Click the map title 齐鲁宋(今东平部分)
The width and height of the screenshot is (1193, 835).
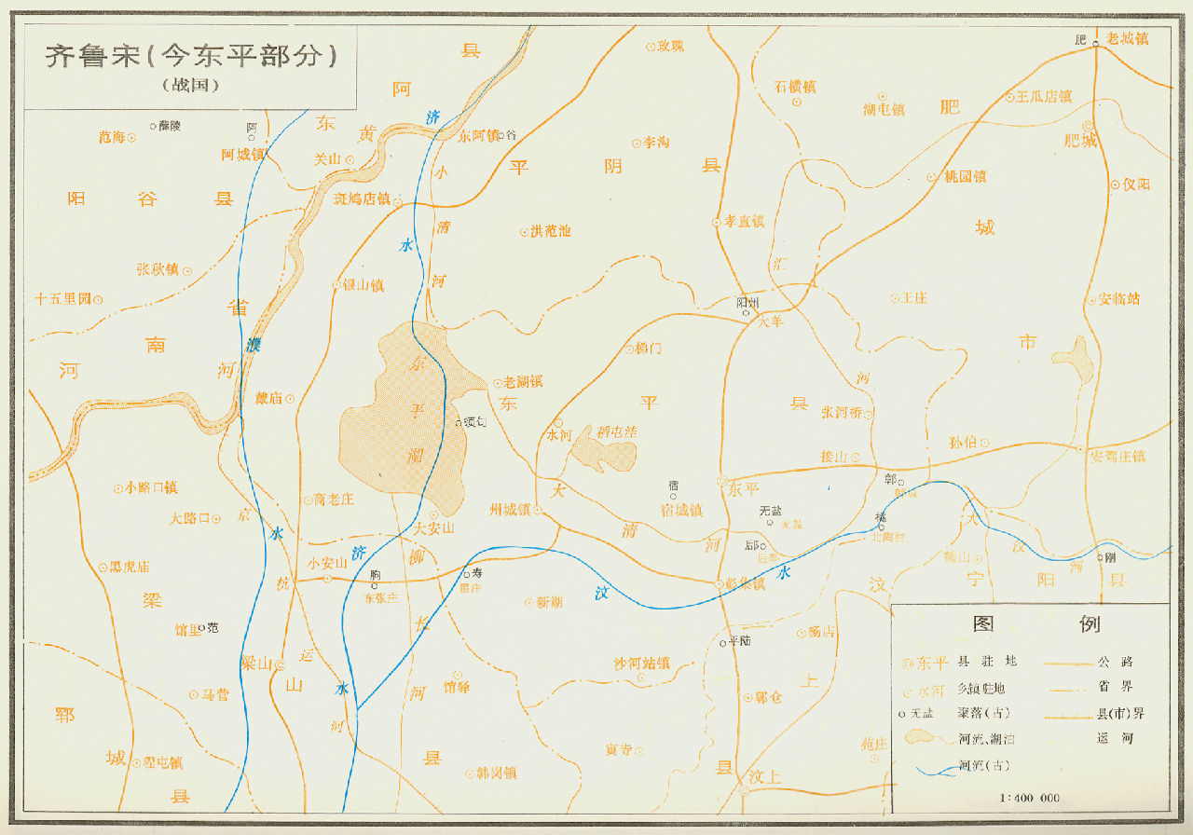point(191,57)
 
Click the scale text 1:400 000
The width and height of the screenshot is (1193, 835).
point(1029,799)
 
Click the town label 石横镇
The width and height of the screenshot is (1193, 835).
point(795,87)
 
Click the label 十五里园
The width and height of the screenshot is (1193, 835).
point(62,299)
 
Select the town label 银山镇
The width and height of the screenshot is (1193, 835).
point(363,285)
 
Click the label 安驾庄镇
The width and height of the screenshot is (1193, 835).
point(1118,457)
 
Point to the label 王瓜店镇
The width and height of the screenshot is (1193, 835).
point(1044,97)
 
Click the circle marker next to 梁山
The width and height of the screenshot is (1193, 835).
point(279,664)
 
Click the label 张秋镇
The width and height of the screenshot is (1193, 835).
point(158,269)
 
